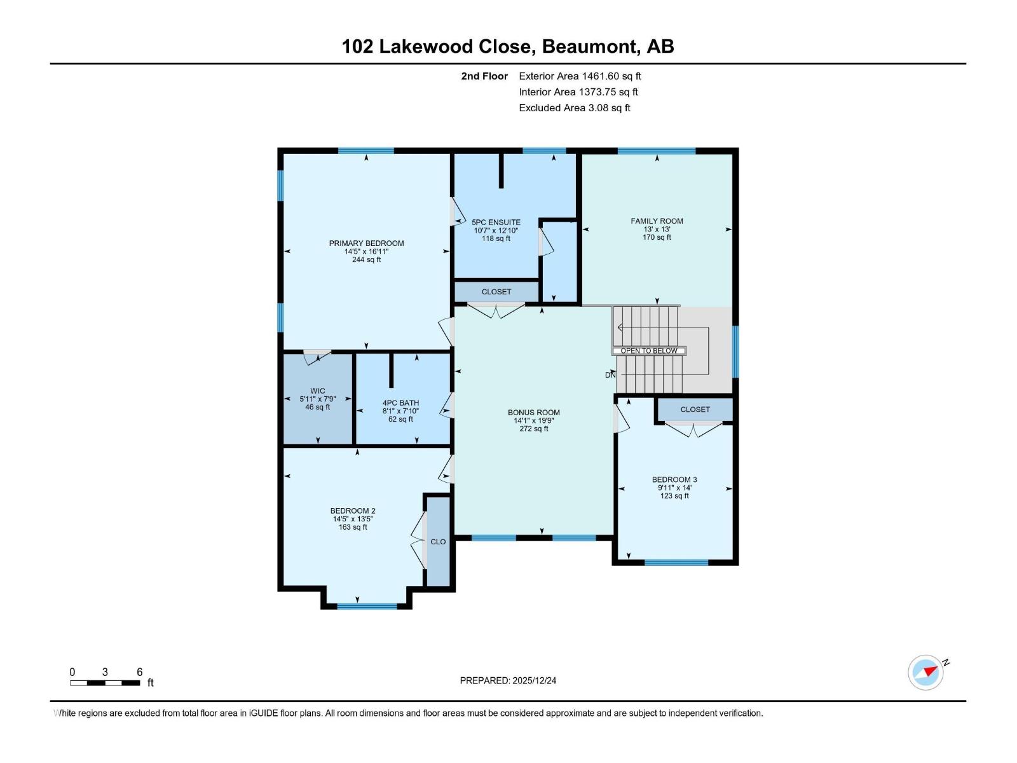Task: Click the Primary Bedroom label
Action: (x=366, y=244)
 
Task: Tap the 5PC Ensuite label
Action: (x=496, y=223)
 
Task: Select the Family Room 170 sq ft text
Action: (x=657, y=238)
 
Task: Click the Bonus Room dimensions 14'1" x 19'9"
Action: (x=534, y=420)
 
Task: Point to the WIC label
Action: (x=318, y=391)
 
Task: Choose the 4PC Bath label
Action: (x=400, y=402)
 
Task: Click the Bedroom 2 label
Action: (x=353, y=511)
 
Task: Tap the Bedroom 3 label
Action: (x=674, y=479)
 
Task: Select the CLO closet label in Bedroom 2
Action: (x=438, y=542)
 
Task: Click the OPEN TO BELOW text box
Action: (x=649, y=351)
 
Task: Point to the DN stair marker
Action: (x=610, y=375)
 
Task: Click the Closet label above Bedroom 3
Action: (x=695, y=409)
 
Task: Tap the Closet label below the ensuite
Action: (x=496, y=292)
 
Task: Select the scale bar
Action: (x=105, y=683)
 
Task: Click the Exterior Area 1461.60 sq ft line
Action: (x=580, y=76)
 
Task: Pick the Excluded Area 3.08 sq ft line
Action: (x=575, y=108)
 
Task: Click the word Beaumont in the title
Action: (x=590, y=46)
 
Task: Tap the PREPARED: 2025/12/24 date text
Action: (x=508, y=680)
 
